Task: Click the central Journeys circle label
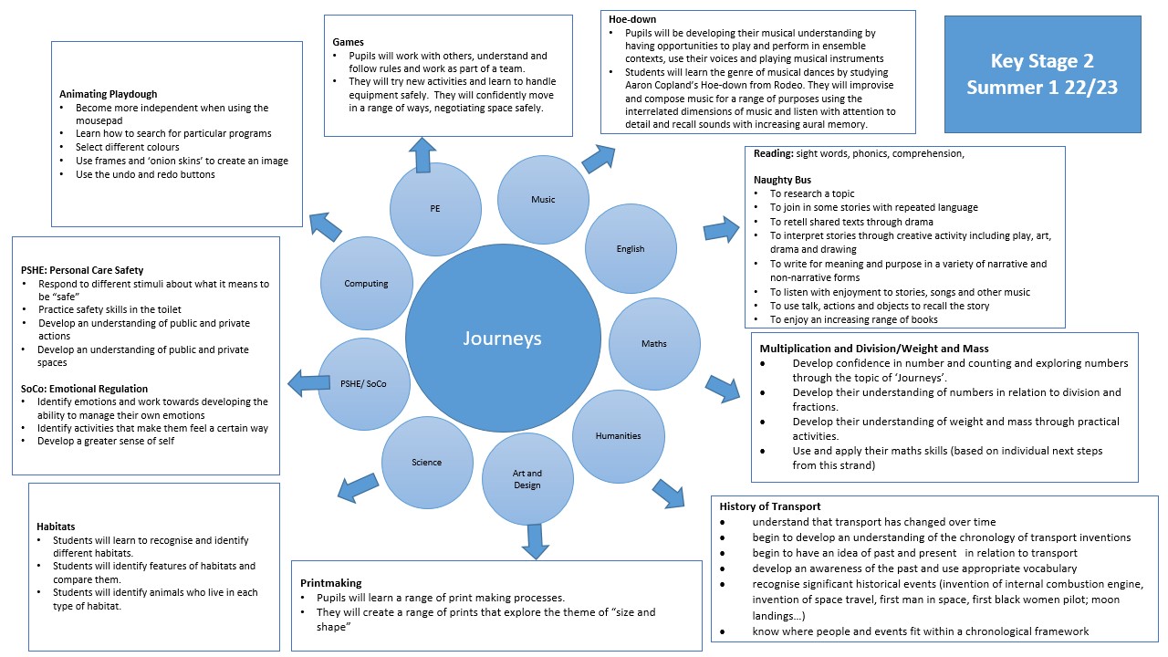[501, 339]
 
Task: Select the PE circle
[435, 208]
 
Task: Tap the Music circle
[543, 200]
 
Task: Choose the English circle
[631, 248]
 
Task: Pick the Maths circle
[654, 343]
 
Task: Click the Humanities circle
[619, 435]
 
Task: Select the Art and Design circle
[527, 479]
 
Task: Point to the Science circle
[426, 462]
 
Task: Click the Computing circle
[367, 284]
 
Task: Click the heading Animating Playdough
[108, 94]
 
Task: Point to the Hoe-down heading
[632, 19]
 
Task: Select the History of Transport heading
[770, 506]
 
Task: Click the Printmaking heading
[331, 582]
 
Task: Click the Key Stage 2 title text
[1042, 62]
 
